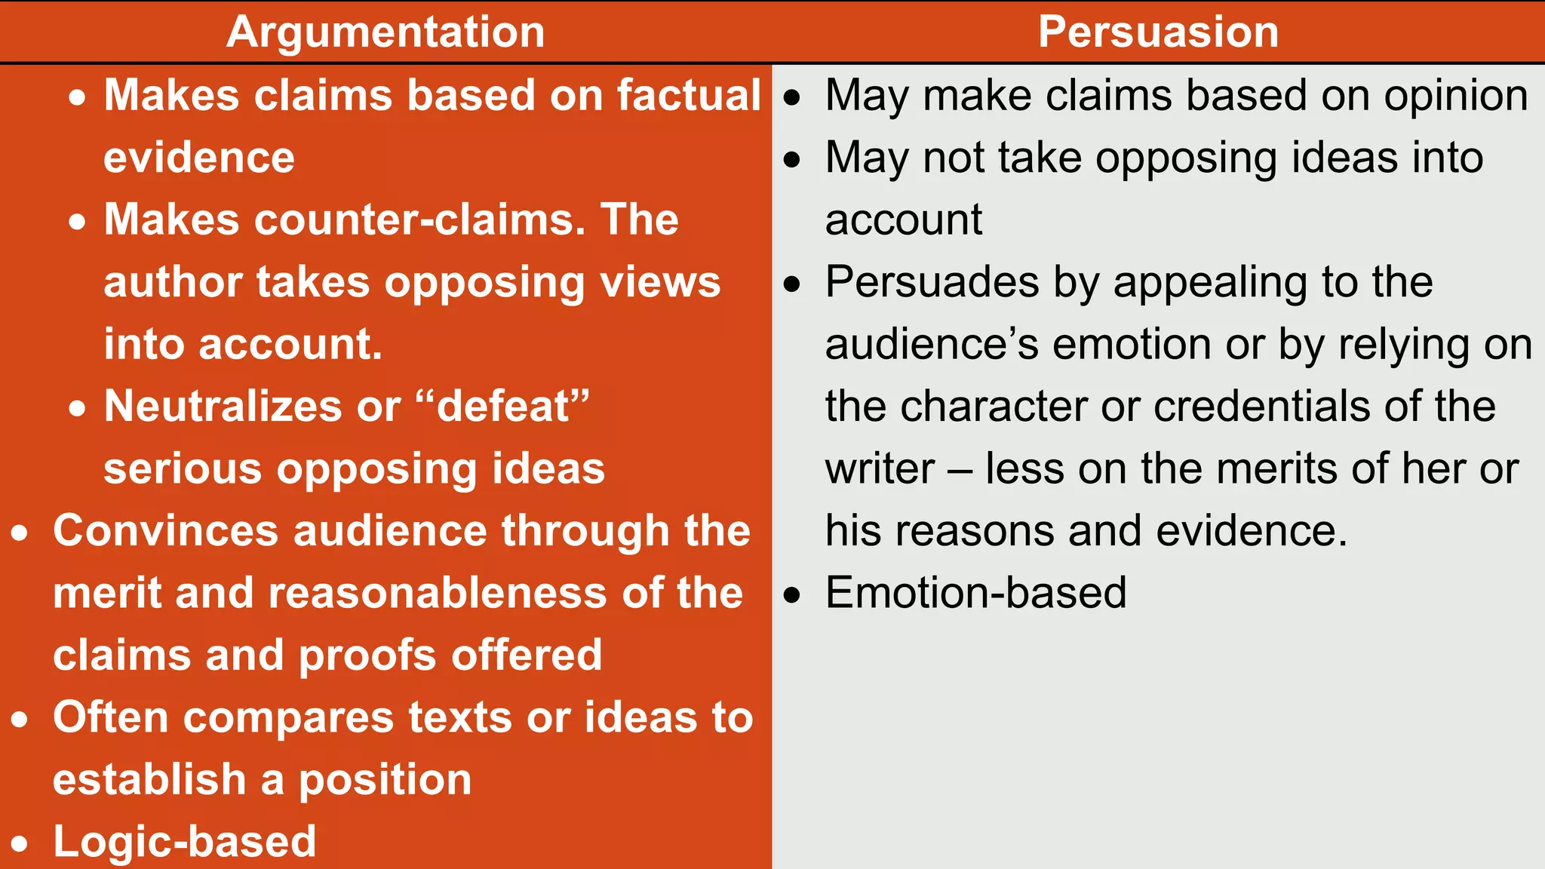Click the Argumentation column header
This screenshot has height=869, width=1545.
385,32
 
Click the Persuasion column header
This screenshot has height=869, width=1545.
1158,32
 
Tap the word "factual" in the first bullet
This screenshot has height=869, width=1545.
688,96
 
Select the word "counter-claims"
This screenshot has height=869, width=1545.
419,220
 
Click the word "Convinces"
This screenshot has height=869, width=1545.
166,531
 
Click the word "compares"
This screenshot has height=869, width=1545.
288,717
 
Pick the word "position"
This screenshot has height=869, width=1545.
385,780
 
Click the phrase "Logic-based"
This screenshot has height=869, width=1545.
185,842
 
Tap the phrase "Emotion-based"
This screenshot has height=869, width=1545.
975,593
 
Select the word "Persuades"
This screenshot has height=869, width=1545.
932,283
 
